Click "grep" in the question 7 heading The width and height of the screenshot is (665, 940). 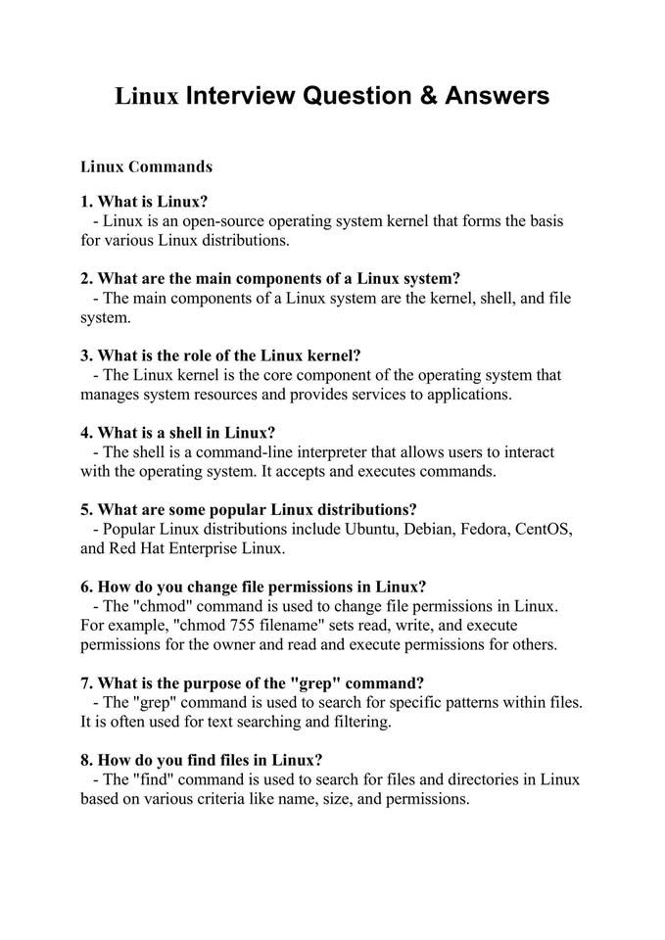(x=314, y=682)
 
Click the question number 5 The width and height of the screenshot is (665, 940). (x=85, y=509)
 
